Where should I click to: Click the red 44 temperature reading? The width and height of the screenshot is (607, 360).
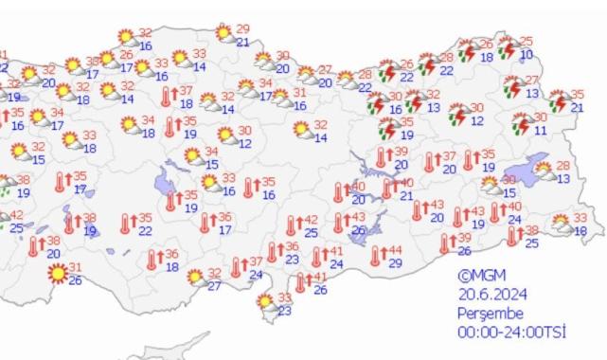pos(395,251)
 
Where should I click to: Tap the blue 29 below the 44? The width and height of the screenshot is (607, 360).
pos(395,262)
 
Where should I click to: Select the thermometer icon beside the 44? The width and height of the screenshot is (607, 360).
pos(377,256)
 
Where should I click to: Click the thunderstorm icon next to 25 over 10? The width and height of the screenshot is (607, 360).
pos(509,47)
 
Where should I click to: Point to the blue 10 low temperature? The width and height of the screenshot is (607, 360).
pos(527,55)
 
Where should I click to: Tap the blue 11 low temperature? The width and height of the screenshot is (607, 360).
pos(540,130)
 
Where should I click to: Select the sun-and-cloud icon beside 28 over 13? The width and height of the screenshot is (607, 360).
pos(545,171)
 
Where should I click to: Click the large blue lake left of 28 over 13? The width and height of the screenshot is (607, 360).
pos(516,166)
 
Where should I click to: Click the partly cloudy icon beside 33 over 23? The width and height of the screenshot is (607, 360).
pos(266,304)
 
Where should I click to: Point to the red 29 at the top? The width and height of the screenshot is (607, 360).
pos(243,29)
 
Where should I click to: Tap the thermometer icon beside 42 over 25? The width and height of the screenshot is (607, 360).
pos(293,225)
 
